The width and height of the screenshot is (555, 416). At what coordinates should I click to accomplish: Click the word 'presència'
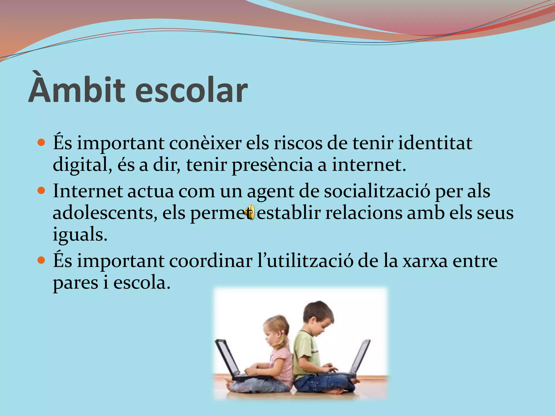point(272,165)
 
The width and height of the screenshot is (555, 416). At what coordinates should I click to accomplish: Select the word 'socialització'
point(377,191)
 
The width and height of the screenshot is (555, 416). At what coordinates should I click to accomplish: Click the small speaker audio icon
point(249,212)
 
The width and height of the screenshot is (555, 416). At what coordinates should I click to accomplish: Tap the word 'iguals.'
point(80,235)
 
